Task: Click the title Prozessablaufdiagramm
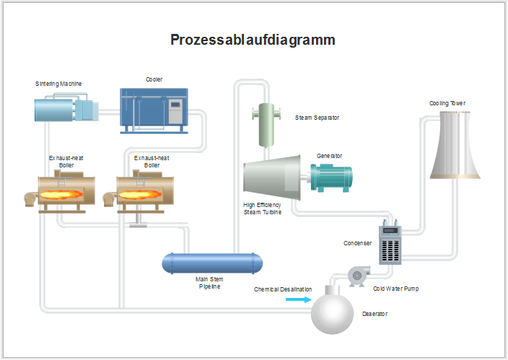coord(253,40)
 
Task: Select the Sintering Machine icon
coord(63,109)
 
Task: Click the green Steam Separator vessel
coord(266,123)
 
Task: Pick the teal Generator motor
coord(332,177)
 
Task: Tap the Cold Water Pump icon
coord(355,273)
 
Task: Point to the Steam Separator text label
coord(317,117)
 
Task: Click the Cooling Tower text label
coord(447,103)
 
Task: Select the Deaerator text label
coord(375,314)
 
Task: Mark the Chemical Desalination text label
coord(283,289)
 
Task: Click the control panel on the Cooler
coord(175,110)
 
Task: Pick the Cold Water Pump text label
coord(395,289)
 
